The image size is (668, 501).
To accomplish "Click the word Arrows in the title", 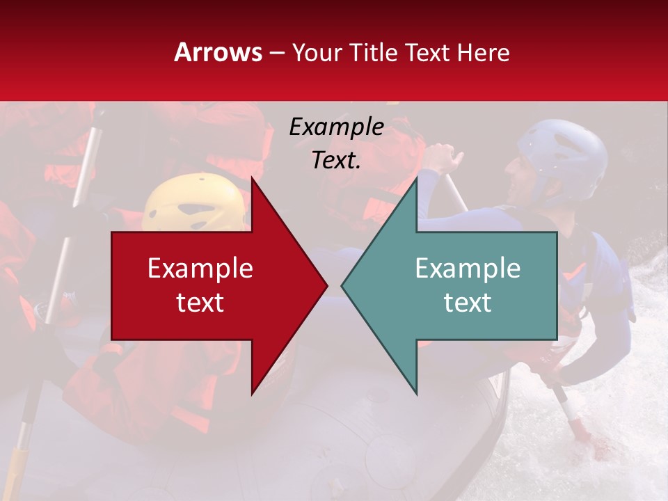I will tap(218, 52).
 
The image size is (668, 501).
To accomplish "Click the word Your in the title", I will tap(317, 52).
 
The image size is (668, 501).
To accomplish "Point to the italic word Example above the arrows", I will tap(336, 127).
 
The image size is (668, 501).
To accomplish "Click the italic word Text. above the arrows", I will tap(336, 160).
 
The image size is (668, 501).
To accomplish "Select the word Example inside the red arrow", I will tap(200, 269).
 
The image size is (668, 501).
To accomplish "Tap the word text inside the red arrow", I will tap(200, 302).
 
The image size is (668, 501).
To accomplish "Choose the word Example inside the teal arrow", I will tap(468, 269).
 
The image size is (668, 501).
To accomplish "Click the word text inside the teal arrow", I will tap(468, 302).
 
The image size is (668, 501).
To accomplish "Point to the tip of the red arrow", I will tap(326, 285).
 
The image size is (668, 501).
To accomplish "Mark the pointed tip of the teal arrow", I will tap(342, 285).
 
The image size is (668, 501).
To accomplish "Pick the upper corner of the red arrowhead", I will tap(253, 178).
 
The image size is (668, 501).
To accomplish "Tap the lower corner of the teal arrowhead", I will tap(416, 393).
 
